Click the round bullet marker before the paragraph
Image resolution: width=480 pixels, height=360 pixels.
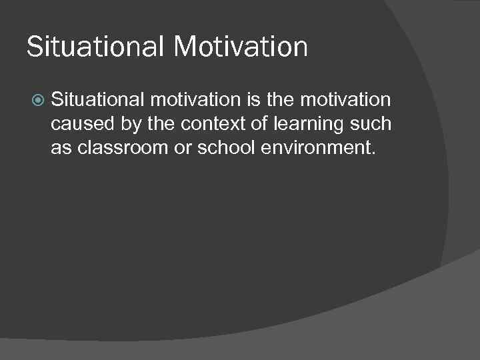point(39,101)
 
